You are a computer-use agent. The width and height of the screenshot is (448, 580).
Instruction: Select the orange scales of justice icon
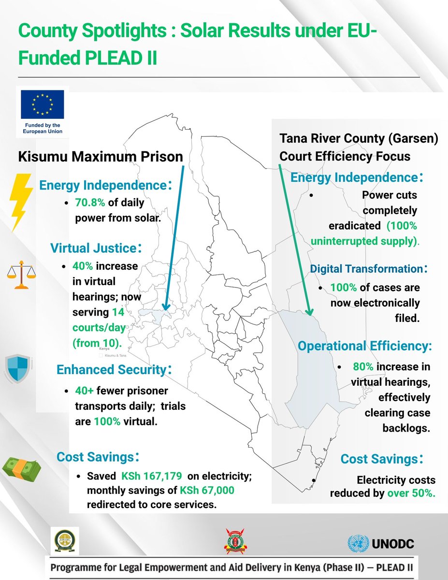pyautogui.click(x=21, y=275)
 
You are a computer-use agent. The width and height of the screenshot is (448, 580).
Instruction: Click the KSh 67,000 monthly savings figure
pyautogui.click(x=207, y=491)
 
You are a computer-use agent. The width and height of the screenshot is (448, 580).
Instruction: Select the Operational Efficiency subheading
pyautogui.click(x=365, y=346)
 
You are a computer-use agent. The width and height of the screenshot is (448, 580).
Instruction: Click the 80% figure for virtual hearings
pyautogui.click(x=362, y=367)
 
